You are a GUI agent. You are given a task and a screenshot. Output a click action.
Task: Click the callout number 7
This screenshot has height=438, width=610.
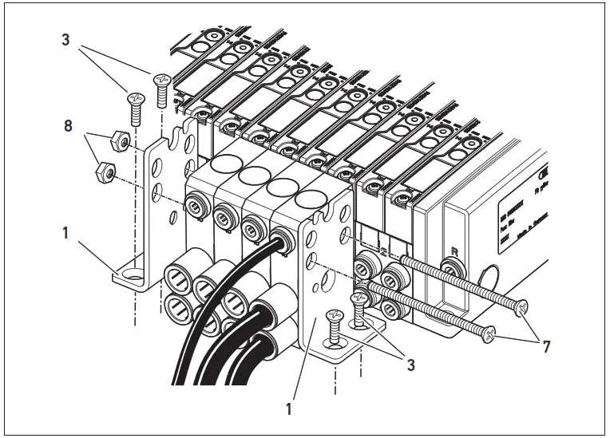coord(545,347)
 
